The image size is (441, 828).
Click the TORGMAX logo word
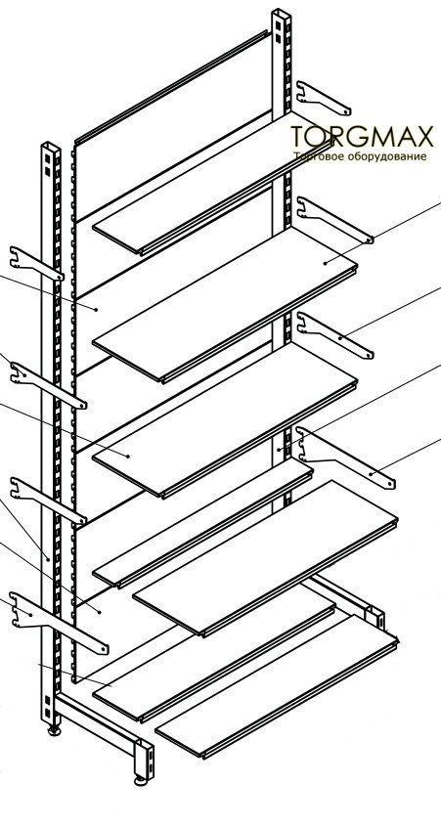362,137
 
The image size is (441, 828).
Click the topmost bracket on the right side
324,98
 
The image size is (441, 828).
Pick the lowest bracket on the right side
346,457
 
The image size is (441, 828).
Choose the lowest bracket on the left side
59,623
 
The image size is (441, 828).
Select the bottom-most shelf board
277,686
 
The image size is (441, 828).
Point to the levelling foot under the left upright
55,731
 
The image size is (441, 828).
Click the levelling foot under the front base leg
141,779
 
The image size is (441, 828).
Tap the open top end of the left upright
51,145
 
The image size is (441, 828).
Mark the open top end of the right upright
281,12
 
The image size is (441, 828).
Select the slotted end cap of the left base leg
144,759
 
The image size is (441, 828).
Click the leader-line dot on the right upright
279,450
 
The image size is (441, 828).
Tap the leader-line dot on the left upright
48,559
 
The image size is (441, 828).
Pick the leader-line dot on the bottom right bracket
371,474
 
